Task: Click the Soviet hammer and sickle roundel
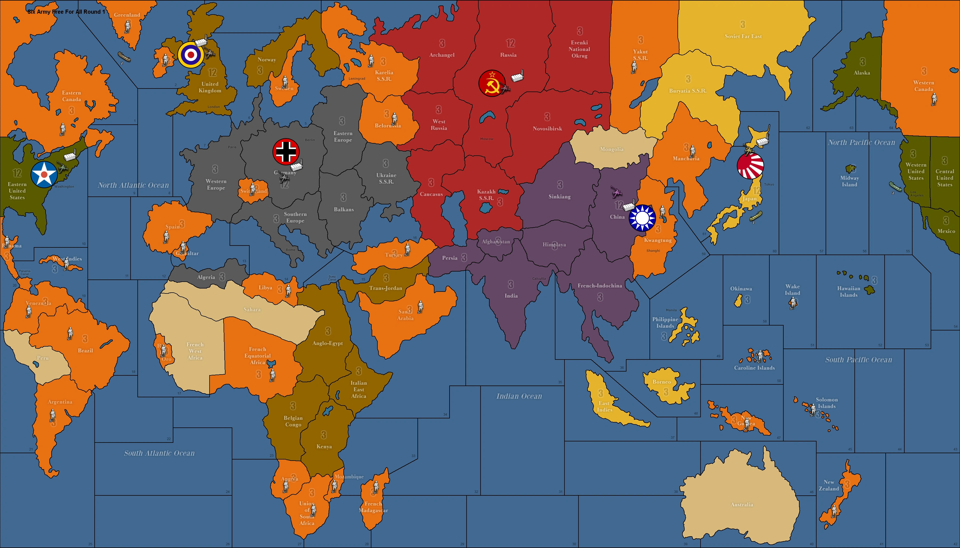pyautogui.click(x=492, y=83)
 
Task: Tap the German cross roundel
pyautogui.click(x=286, y=152)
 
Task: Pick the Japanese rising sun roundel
pyautogui.click(x=750, y=165)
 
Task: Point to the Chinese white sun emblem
pyautogui.click(x=642, y=218)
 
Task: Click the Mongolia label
pyautogui.click(x=611, y=149)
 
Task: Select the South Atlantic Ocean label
pyautogui.click(x=159, y=453)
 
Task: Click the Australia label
pyautogui.click(x=741, y=504)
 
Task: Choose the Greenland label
pyautogui.click(x=127, y=15)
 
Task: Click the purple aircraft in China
pyautogui.click(x=616, y=192)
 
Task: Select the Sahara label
pyautogui.click(x=252, y=309)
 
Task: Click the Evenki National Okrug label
pyautogui.click(x=579, y=49)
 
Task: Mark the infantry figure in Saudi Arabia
pyautogui.click(x=420, y=307)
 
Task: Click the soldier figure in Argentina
pyautogui.click(x=52, y=415)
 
